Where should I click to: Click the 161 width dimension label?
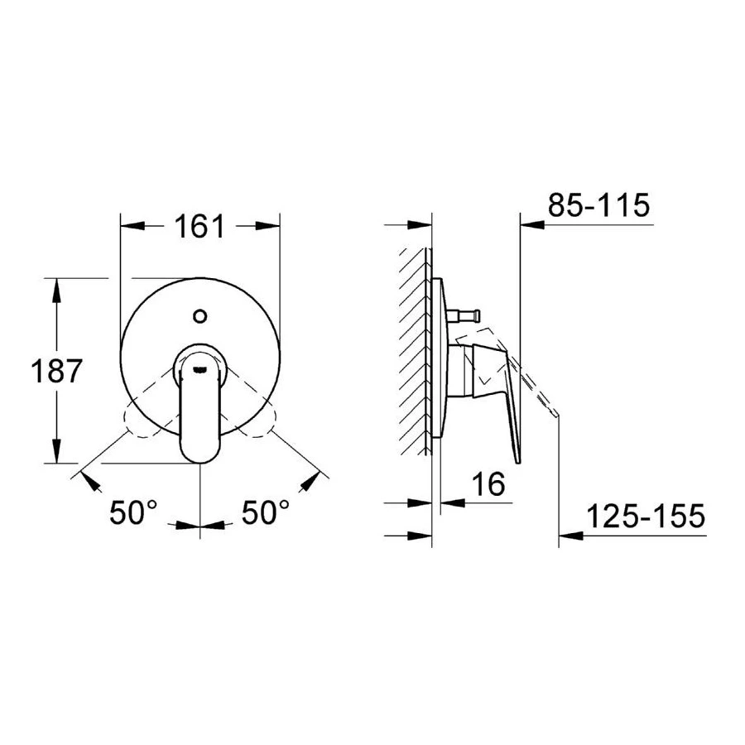pos(199,226)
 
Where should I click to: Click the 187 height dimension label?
pos(57,371)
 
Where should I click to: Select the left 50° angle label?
pos(133,512)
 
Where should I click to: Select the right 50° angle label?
pos(266,512)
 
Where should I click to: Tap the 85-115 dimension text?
pos(598,205)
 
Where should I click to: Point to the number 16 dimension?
pos(488,484)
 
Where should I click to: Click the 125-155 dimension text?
pos(646,516)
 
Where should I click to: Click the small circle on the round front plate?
pos(200,316)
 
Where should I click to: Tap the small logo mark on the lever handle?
pos(200,367)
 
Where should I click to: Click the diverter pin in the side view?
pos(464,314)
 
